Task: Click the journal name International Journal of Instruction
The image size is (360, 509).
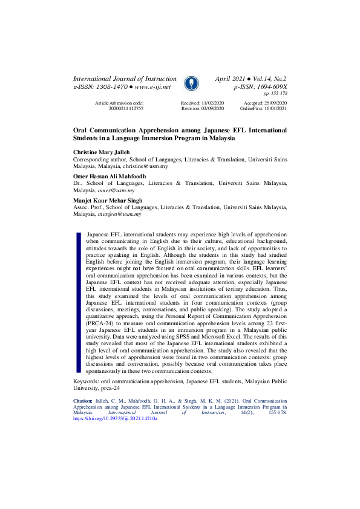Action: coord(125,79)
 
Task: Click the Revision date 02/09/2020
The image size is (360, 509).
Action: coord(211,109)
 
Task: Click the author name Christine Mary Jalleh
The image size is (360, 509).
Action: coord(106,152)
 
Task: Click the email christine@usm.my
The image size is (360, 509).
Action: coord(146,166)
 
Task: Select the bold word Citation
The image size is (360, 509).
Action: coord(83,400)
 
